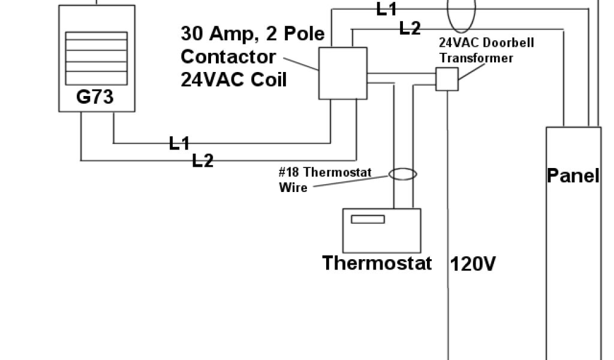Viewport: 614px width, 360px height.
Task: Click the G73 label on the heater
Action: [95, 97]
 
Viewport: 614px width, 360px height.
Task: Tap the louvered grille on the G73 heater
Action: [96, 58]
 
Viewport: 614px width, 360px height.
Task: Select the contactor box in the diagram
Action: [342, 73]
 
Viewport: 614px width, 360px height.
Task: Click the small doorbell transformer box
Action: [447, 79]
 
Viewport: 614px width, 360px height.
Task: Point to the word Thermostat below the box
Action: [377, 263]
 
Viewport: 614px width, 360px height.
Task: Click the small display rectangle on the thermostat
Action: [368, 219]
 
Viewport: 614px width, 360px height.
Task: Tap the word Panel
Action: [573, 175]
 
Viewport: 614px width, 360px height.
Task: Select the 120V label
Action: [472, 264]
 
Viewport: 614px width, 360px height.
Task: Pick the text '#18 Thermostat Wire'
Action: [324, 180]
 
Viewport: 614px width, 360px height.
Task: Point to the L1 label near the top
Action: [387, 9]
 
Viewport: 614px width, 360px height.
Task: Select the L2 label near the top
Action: [410, 28]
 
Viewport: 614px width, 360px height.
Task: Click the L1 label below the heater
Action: [179, 143]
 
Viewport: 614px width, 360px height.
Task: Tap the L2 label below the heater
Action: [203, 160]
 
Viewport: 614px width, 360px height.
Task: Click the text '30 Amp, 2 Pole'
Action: [252, 33]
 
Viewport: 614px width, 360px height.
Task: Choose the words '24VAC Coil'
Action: [233, 80]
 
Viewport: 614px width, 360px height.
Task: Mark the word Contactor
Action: [228, 57]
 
